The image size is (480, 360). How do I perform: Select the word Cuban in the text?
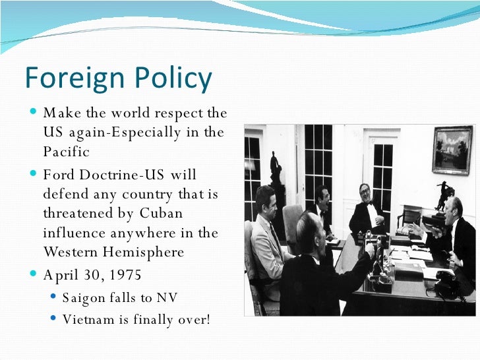pyautogui.click(x=161, y=214)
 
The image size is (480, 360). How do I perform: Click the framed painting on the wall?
pyautogui.click(x=452, y=150)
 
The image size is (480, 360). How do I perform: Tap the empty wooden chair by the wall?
pyautogui.click(x=410, y=218)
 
